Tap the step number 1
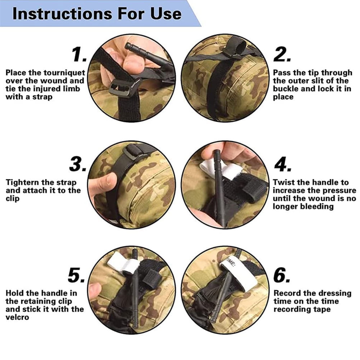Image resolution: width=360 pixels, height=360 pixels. pyautogui.click(x=79, y=54)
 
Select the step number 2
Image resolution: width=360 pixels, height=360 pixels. pyautogui.click(x=282, y=54)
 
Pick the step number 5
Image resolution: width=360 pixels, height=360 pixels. pyautogui.click(x=76, y=275)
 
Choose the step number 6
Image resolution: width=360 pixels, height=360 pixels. pyautogui.click(x=282, y=275)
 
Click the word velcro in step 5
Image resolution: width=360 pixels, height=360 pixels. pyautogui.click(x=17, y=317)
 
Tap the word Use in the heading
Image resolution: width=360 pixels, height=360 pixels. pyautogui.click(x=166, y=14)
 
